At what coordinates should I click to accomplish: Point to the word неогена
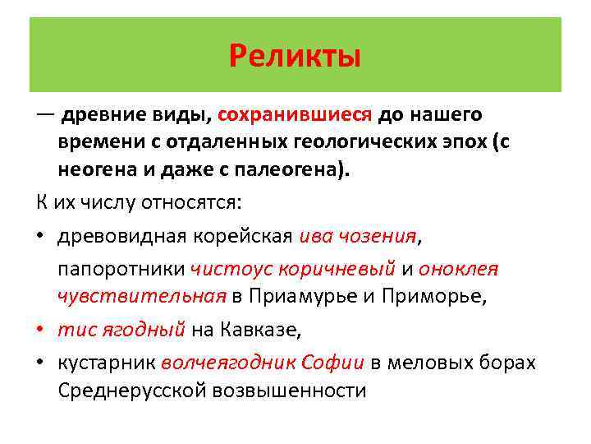point(96,171)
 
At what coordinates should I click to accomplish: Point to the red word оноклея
point(457,269)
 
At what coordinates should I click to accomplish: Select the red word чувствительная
point(141,297)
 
